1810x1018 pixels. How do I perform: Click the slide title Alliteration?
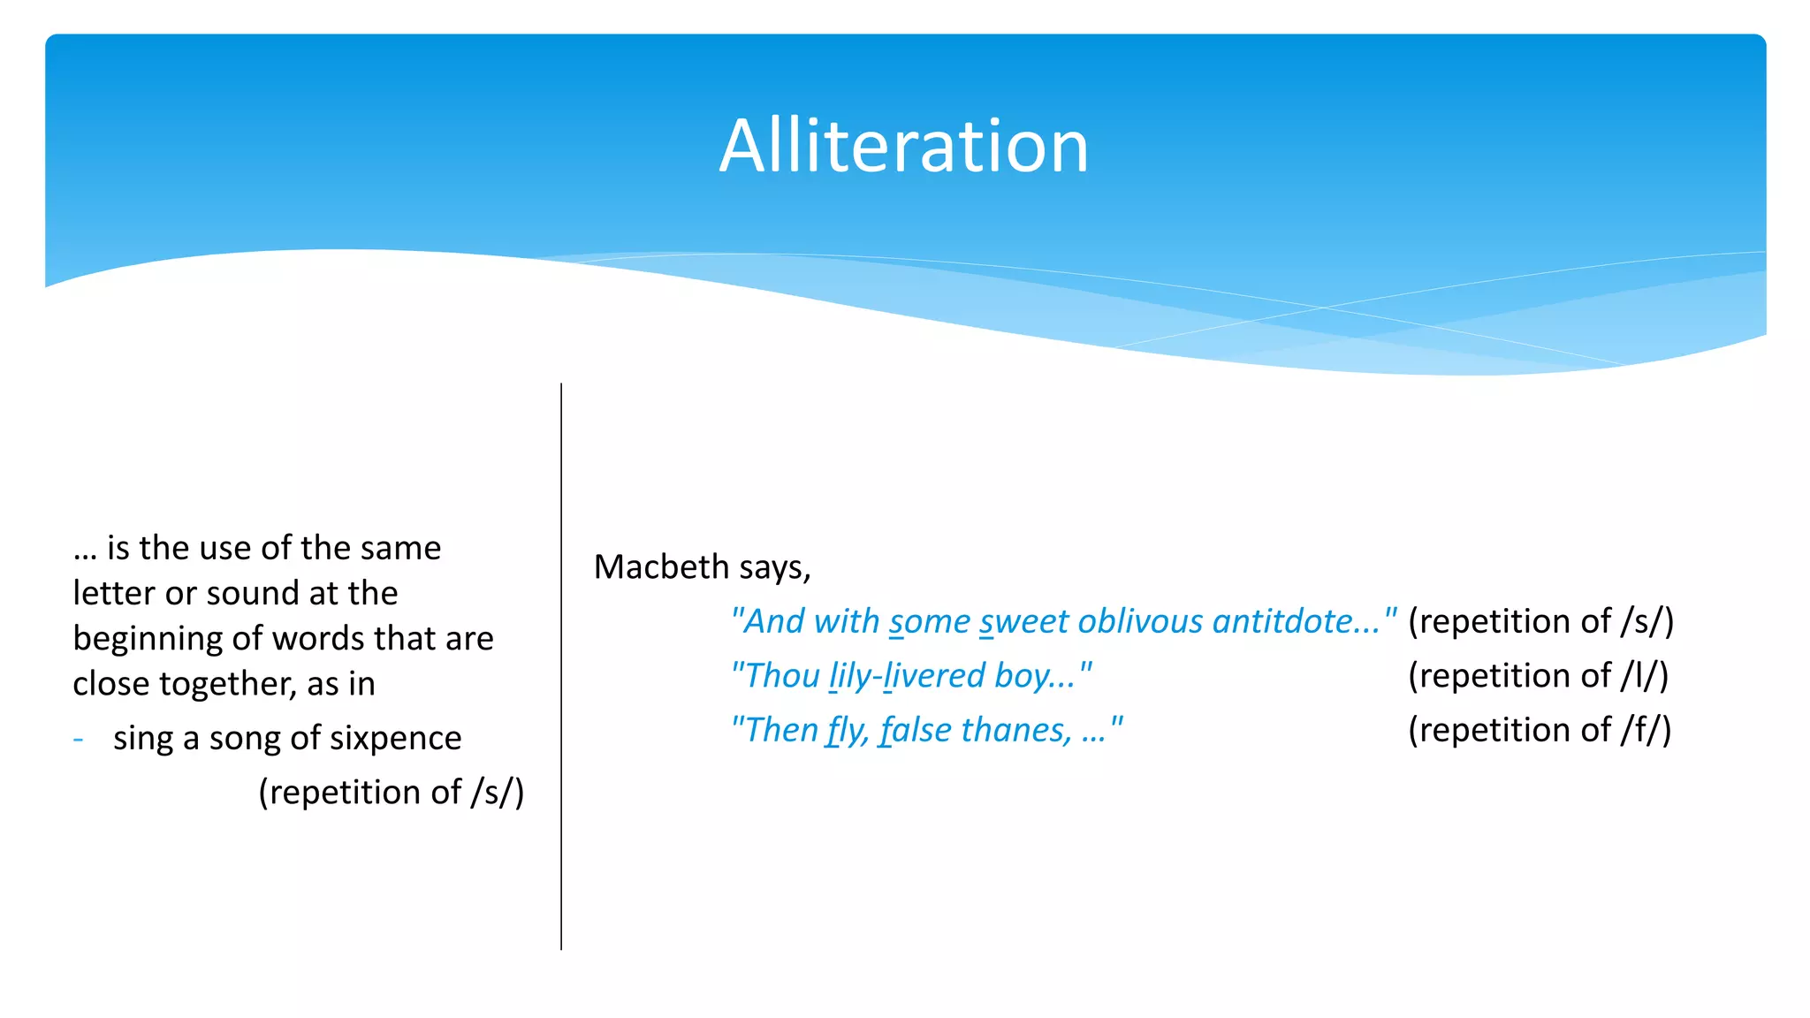pos(903,146)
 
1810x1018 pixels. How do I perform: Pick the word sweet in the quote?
pos(1023,621)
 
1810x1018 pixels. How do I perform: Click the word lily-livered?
pos(907,676)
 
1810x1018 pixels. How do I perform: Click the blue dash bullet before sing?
pos(79,739)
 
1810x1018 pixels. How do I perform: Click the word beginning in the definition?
pos(142,639)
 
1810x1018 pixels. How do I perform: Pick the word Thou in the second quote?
pos(782,676)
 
